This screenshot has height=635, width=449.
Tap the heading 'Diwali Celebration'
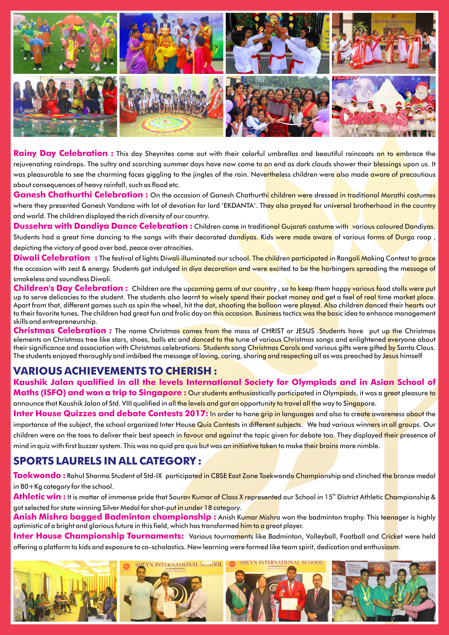pyautogui.click(x=52, y=258)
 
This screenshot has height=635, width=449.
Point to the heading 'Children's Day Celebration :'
pyautogui.click(x=70, y=288)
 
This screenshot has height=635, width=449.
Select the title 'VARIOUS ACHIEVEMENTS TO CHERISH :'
pyautogui.click(x=115, y=371)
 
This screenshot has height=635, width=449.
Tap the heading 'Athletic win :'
pyautogui.click(x=39, y=496)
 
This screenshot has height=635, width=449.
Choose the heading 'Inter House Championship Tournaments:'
pyautogui.click(x=98, y=536)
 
